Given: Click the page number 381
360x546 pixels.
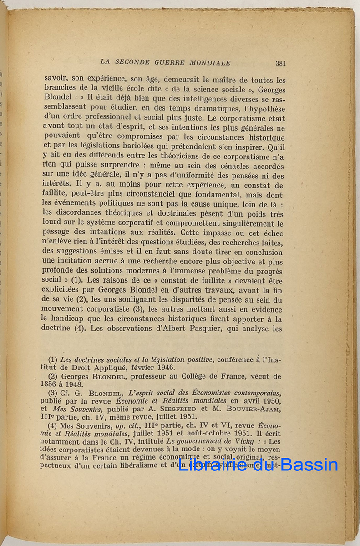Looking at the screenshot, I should coord(280,63).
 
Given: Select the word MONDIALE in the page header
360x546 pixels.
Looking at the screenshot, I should coord(212,63).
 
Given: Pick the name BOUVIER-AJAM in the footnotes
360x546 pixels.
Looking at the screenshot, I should coord(257,409).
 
